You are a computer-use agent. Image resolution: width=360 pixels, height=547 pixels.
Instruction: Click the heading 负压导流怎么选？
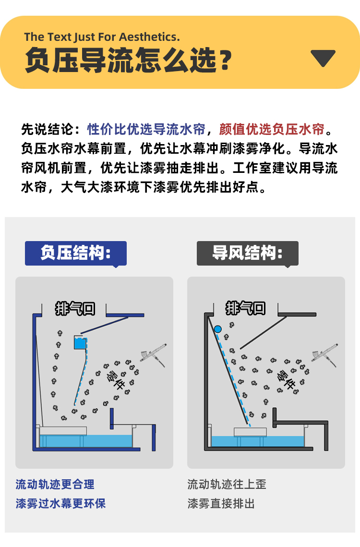point(128,61)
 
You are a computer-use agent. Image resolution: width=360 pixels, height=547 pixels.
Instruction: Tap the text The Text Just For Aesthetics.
point(102,37)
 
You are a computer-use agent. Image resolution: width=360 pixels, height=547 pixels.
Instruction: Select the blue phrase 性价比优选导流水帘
point(146,129)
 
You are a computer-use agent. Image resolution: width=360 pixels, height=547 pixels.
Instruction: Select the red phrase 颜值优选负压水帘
point(272,129)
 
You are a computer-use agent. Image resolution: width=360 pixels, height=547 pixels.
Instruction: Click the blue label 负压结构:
point(76,253)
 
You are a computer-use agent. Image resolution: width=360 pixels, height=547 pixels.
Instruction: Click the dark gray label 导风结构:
point(247,253)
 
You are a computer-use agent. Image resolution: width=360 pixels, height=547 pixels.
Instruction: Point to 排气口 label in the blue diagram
point(75,308)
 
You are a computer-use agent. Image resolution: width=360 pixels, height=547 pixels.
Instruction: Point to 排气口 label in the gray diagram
point(246,307)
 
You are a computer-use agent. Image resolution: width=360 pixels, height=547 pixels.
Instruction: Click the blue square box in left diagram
point(81,342)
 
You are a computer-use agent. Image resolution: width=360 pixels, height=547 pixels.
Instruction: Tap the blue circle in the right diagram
point(218,329)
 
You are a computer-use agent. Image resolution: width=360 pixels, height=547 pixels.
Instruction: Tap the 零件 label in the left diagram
point(114,379)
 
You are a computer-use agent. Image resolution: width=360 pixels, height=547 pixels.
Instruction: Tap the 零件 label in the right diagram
point(286,379)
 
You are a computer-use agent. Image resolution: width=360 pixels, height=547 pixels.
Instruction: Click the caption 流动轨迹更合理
point(55,484)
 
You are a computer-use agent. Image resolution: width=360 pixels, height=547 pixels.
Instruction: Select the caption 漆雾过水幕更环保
point(60,503)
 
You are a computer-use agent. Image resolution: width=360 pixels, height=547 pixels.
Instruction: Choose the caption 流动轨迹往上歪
point(227,484)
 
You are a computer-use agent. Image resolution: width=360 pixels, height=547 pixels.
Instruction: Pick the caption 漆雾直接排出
point(221,503)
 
